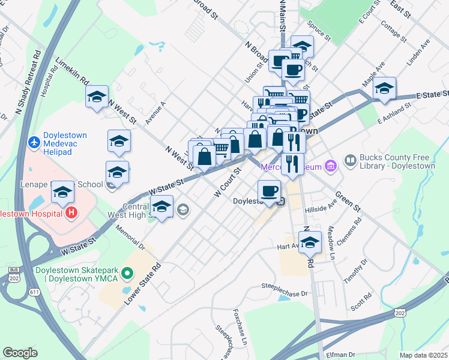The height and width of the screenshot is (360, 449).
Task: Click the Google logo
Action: click(20, 353)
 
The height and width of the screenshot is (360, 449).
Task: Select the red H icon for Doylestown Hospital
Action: click(71, 212)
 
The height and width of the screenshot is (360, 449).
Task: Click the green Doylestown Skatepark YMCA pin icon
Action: click(127, 274)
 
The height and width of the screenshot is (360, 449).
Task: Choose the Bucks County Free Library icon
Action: click(350, 160)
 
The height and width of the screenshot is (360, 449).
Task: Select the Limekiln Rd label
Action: click(71, 71)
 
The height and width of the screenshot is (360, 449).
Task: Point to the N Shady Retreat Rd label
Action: click(27, 82)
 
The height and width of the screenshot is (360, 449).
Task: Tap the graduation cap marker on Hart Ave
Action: click(310, 243)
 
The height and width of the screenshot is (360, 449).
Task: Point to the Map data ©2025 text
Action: click(423, 355)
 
